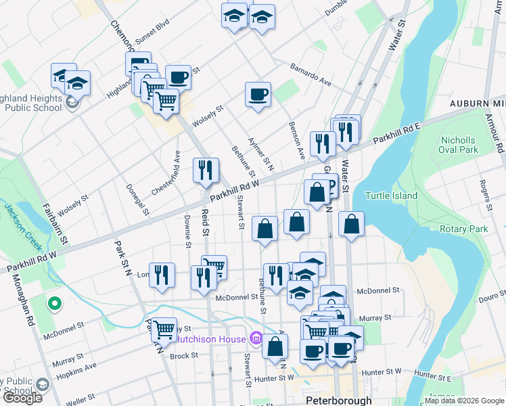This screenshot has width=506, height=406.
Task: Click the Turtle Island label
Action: (391, 196)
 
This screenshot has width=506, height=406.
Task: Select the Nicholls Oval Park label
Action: (458, 145)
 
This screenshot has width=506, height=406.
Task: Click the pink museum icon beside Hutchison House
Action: (256, 337)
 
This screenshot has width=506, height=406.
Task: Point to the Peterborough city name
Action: (339, 400)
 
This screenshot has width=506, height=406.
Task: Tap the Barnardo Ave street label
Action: (310, 75)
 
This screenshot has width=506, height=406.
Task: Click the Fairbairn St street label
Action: (56, 223)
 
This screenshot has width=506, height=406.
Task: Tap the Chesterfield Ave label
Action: (164, 173)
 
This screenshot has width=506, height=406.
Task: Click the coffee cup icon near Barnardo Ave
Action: (257, 94)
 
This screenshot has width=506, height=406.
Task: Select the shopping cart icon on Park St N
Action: (164, 330)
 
